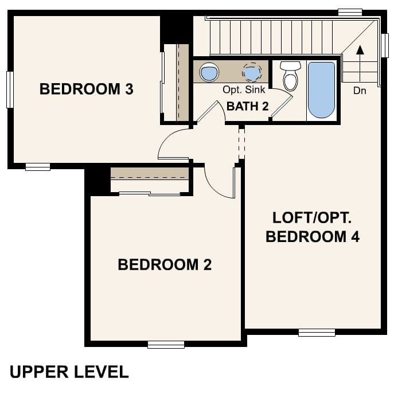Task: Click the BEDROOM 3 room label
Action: click(x=86, y=89)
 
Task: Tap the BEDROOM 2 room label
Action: click(x=165, y=264)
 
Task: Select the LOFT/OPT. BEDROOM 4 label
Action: click(x=313, y=227)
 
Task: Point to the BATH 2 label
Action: click(x=247, y=106)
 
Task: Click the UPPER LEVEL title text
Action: click(x=69, y=372)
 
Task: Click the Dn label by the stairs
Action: click(x=360, y=91)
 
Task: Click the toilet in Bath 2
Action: click(x=290, y=76)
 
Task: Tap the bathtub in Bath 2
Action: click(x=321, y=89)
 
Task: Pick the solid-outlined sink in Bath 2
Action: click(x=209, y=72)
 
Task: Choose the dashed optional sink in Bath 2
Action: click(x=251, y=72)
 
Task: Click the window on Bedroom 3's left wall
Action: click(x=10, y=89)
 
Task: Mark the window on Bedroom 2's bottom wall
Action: click(x=166, y=344)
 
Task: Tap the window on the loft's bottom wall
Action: click(x=317, y=332)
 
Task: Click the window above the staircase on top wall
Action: click(x=350, y=12)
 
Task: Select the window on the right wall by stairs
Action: click(x=385, y=45)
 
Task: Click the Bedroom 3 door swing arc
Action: click(x=172, y=143)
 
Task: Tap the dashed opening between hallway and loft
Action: click(x=241, y=143)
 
